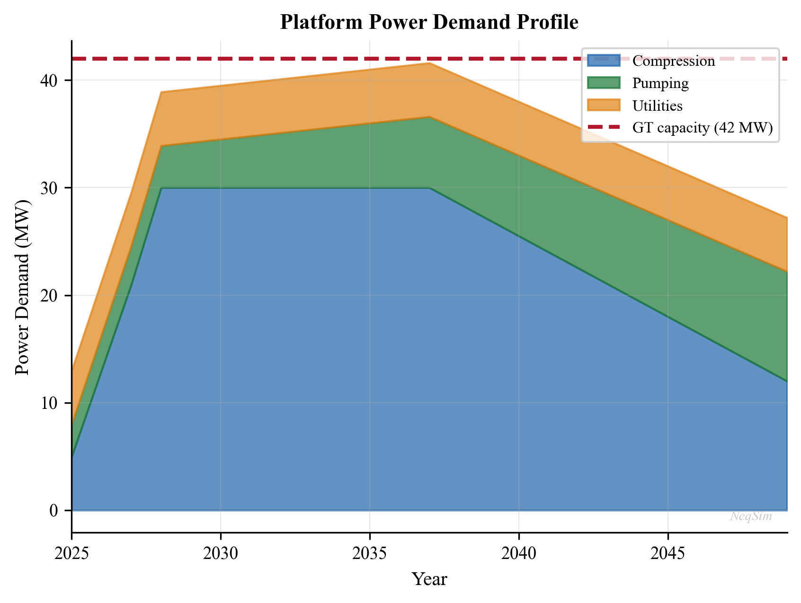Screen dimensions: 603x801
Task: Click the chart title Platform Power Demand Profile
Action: [x=429, y=23]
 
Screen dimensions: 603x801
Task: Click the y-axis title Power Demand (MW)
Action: [x=22, y=287]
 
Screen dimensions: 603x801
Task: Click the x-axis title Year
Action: [x=429, y=579]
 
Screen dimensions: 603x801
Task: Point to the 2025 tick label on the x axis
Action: [x=71, y=553]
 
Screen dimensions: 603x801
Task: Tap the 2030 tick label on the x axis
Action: [x=221, y=553]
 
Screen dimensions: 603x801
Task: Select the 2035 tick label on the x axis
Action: [x=369, y=553]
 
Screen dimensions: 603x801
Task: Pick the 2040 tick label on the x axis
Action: [x=518, y=553]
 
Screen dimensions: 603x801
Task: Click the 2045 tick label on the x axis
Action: [x=667, y=553]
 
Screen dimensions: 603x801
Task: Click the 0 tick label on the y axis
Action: [x=54, y=511]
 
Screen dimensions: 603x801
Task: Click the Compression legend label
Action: [x=673, y=61]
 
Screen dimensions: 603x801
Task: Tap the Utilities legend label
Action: [x=657, y=105]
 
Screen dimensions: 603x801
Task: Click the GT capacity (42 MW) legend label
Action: [x=703, y=127]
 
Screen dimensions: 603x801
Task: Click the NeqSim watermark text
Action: [x=751, y=516]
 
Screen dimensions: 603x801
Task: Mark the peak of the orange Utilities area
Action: [x=429, y=63]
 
